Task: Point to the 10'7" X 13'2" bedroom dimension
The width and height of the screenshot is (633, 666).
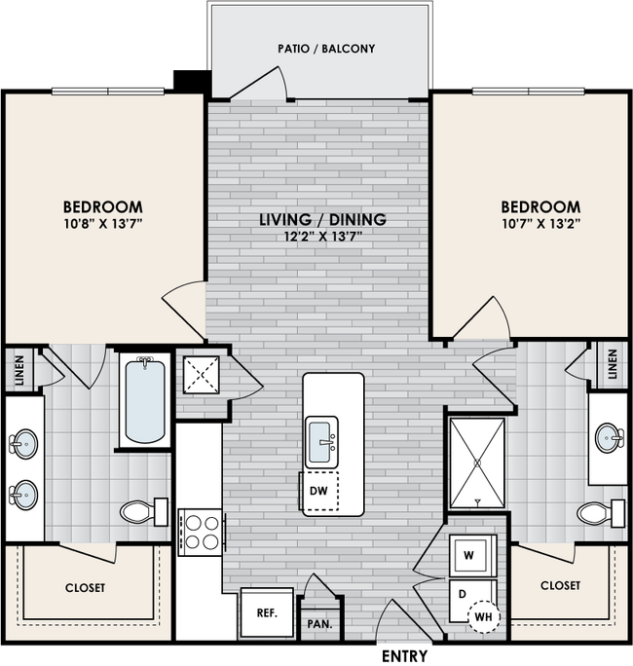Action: point(540,226)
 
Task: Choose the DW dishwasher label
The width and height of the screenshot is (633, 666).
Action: point(317,492)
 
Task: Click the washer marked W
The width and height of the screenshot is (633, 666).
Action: point(470,556)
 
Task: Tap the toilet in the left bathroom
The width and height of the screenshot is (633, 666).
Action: point(142,511)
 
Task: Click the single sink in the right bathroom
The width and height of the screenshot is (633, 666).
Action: point(611,437)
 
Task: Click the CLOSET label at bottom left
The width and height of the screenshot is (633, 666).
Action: point(86,588)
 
